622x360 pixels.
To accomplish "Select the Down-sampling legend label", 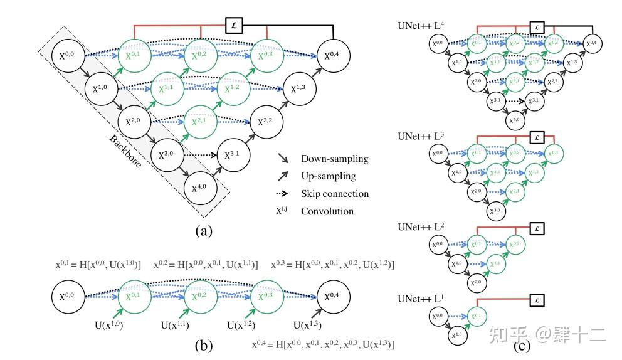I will [x=335, y=159].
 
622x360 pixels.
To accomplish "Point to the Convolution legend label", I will [x=327, y=211].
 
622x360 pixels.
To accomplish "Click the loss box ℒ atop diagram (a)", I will [x=235, y=25].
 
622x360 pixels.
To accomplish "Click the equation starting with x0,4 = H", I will [x=322, y=344].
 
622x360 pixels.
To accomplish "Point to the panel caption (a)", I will [x=203, y=231].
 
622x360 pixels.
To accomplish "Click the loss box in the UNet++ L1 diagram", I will [x=536, y=300].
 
